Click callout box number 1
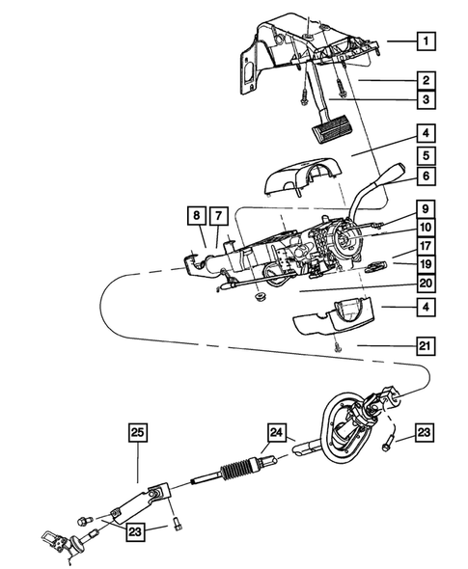(x=426, y=41)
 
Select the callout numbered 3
(x=426, y=101)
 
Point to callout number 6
(x=426, y=176)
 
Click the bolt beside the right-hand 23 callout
(x=388, y=443)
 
